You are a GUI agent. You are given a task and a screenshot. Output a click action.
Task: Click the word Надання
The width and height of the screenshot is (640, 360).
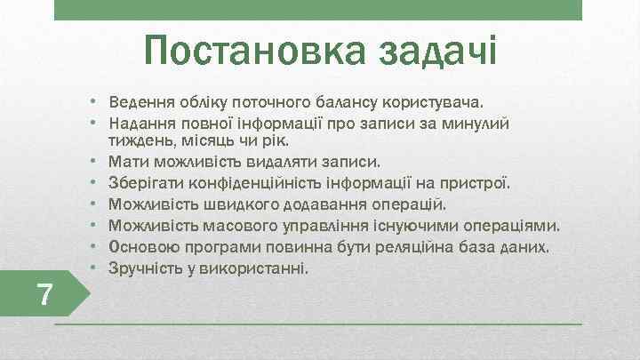click(139, 123)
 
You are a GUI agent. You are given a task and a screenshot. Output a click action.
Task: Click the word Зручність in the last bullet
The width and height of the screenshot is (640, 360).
click(143, 265)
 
